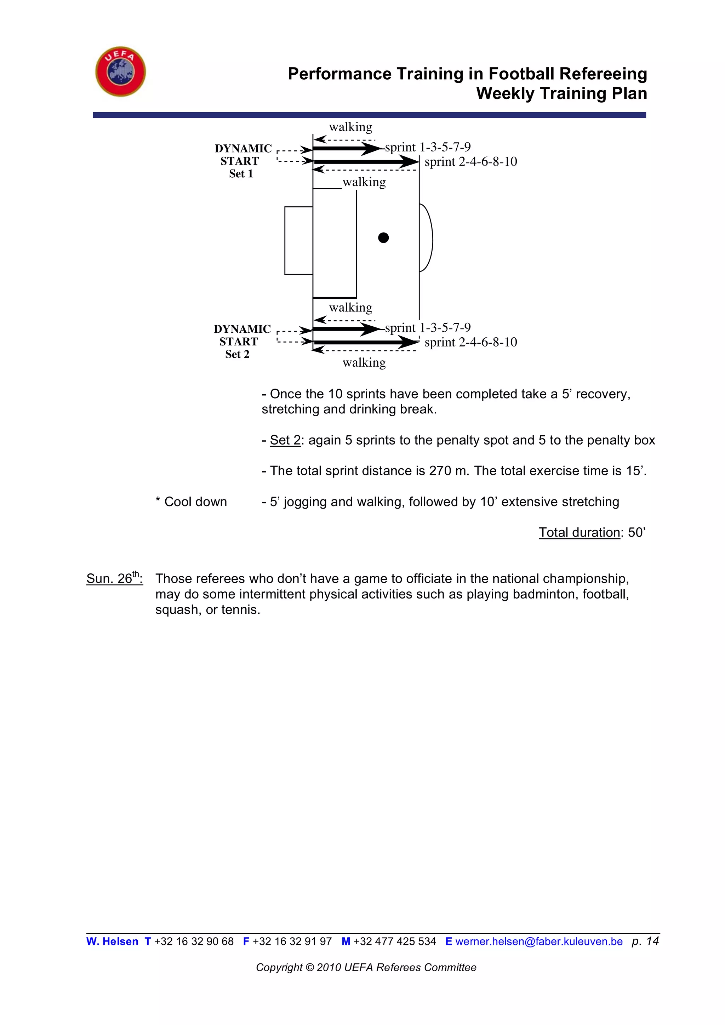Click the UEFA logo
pos(120,71)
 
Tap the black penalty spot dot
pos(383,237)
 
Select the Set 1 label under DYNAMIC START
pos(241,174)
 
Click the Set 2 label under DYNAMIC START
pos(237,354)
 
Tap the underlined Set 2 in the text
pos(285,440)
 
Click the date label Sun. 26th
pos(114,579)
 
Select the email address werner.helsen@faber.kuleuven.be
pos(539,941)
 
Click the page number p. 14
pos(645,941)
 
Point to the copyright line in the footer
pos(366,967)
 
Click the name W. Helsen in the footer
pos(112,941)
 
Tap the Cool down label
pos(191,502)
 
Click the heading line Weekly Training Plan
pos(561,93)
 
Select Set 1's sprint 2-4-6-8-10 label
pos(470,162)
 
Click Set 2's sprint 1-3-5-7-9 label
pos(427,328)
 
